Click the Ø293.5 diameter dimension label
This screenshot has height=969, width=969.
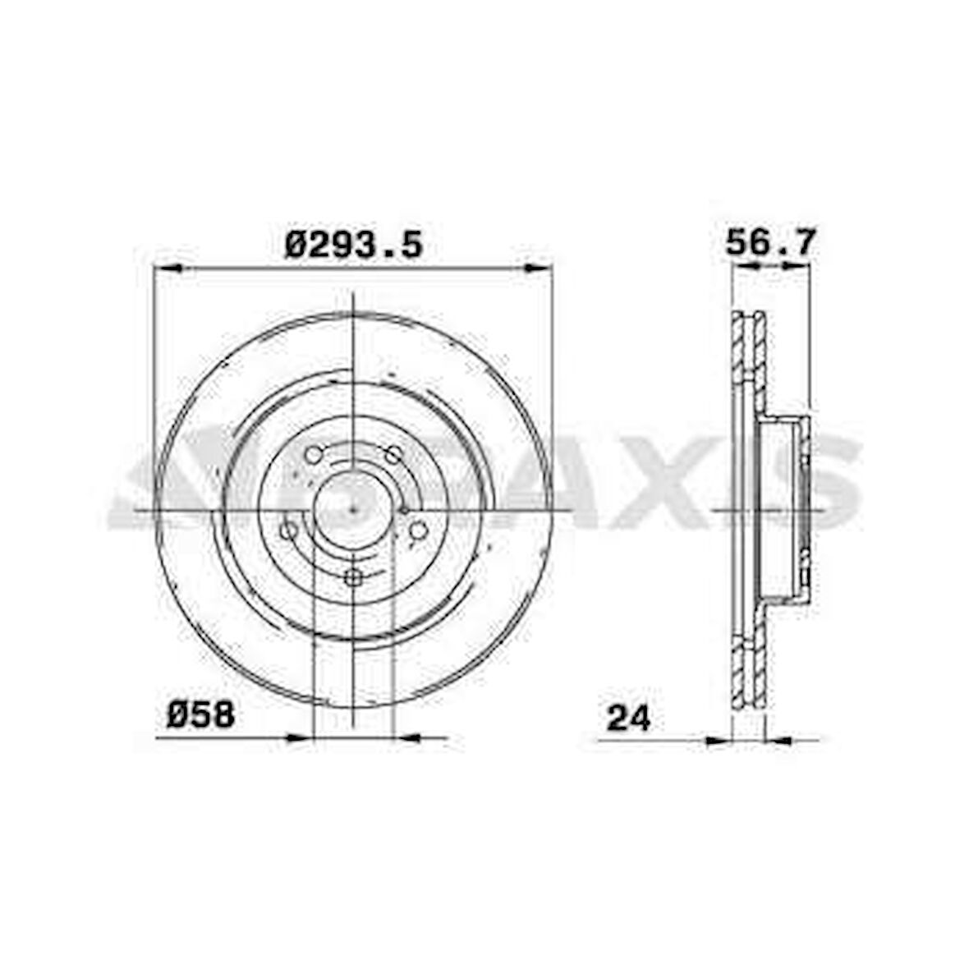coord(353,244)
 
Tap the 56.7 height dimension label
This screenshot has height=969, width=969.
coord(770,241)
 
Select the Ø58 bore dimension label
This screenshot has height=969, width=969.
coord(201,715)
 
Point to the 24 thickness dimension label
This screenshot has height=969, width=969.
coord(628,718)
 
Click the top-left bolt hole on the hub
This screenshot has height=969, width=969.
coord(314,455)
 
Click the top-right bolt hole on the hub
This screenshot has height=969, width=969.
coord(393,456)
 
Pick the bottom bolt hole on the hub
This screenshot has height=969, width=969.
coord(353,578)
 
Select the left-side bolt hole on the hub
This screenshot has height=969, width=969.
coord(288,530)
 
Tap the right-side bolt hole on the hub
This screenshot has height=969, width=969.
coord(419,530)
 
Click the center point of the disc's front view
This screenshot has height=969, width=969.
coord(353,510)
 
